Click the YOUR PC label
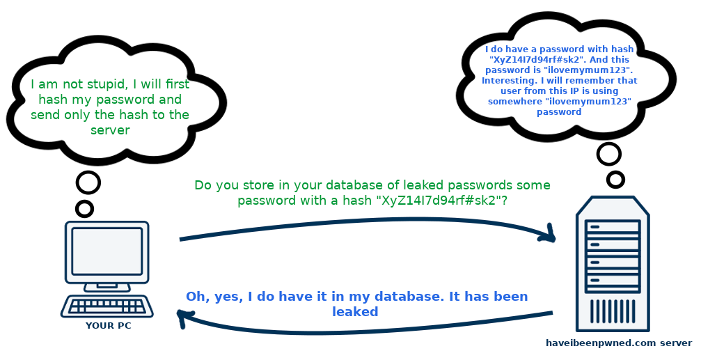[x=108, y=325]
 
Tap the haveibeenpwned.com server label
[x=619, y=343]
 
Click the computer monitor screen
[x=107, y=251]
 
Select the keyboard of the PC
[x=107, y=306]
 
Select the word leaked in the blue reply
[x=355, y=312]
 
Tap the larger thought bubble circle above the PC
[x=88, y=182]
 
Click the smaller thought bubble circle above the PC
[x=85, y=208]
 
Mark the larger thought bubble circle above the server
[x=609, y=153]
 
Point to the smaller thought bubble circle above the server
[x=615, y=180]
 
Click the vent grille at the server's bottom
[x=613, y=310]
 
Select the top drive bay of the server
[x=613, y=228]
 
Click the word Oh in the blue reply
[x=195, y=297]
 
